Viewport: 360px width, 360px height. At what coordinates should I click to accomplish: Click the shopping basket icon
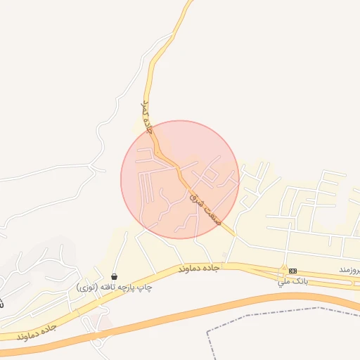point(114,276)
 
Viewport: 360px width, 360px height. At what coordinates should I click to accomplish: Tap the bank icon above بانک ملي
point(292,271)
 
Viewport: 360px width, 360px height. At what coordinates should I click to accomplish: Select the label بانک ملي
point(292,281)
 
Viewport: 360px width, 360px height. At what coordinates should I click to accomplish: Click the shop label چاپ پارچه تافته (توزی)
point(115,288)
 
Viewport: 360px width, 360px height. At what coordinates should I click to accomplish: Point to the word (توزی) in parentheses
point(88,288)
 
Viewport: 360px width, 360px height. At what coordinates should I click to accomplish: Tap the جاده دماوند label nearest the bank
point(200,268)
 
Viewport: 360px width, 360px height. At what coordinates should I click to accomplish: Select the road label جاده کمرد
point(146,117)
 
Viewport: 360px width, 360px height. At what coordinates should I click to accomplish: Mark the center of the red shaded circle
point(180,179)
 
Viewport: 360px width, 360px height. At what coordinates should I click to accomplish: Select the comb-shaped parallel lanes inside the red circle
point(147,184)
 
